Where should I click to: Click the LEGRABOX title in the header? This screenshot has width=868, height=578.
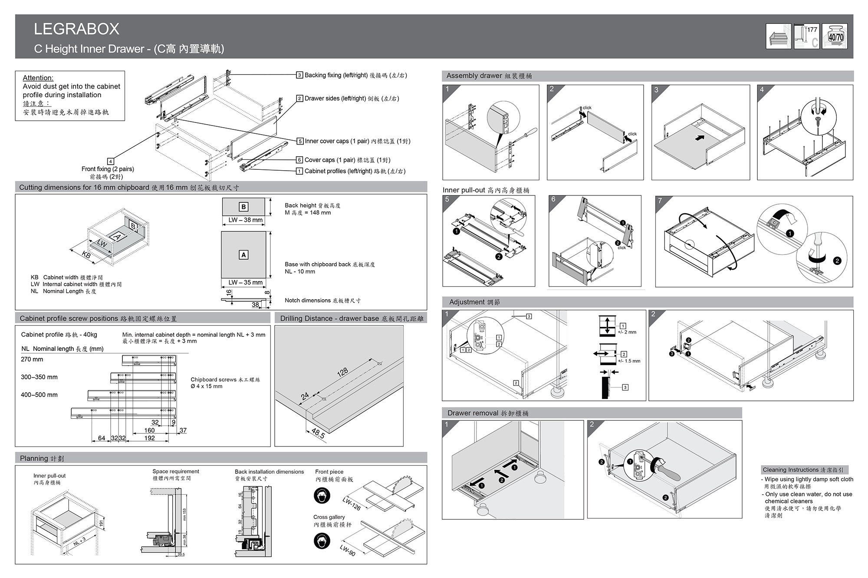76,29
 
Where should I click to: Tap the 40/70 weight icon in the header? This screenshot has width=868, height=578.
835,36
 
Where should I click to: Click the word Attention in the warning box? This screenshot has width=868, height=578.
38,78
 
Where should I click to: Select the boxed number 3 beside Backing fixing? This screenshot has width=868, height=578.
299,75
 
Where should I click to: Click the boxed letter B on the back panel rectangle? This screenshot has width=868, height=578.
243,207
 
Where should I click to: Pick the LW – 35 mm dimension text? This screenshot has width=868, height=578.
246,282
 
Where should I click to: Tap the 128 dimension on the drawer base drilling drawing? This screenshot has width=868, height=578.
342,372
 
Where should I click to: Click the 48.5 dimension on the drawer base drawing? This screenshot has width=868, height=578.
318,433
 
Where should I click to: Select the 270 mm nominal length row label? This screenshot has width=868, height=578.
32,359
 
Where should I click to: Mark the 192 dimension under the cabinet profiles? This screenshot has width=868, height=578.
150,438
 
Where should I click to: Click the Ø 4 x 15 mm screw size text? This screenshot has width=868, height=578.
207,386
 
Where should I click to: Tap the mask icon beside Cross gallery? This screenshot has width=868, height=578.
322,541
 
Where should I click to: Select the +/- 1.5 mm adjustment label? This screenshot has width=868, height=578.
629,361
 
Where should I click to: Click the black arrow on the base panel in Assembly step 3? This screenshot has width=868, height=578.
699,138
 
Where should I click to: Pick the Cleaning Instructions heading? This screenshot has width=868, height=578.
803,470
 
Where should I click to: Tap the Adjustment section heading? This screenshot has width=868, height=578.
474,302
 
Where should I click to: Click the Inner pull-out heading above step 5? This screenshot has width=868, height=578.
486,190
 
